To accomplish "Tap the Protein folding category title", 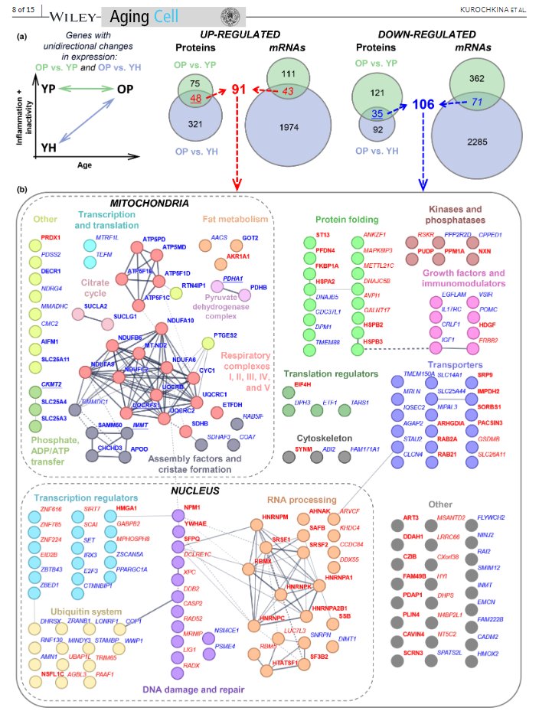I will click(x=336, y=220).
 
